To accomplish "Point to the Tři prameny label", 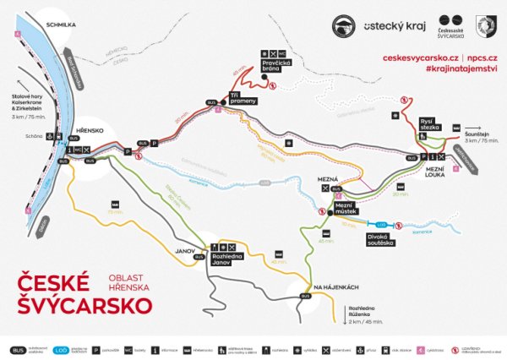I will click(x=242, y=99).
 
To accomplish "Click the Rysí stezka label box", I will click(x=429, y=128).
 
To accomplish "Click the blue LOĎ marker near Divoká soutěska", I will click(x=379, y=224).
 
